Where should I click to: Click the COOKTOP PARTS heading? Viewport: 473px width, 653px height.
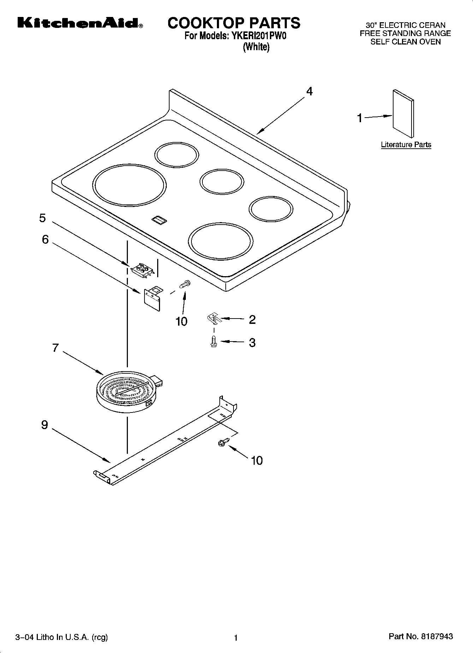coord(234,23)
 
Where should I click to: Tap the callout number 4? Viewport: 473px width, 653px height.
coord(309,91)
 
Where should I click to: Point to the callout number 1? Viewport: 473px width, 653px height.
coord(360,118)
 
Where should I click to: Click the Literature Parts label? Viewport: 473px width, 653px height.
coord(406,144)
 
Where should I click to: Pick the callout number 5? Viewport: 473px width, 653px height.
coord(42,218)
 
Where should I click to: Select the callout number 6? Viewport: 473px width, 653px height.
coord(45,239)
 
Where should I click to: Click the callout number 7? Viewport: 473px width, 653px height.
coord(55,348)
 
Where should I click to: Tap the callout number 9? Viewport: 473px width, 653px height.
coord(45,425)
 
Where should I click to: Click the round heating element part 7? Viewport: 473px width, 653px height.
coord(125,391)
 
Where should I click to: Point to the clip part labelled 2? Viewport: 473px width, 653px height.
coord(213,319)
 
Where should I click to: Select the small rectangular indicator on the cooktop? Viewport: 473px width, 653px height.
coord(159,220)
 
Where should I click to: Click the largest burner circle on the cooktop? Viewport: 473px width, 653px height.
coord(129,185)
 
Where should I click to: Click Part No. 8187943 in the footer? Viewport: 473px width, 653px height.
coord(420,636)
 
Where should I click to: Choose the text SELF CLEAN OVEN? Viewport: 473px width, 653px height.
coord(405,42)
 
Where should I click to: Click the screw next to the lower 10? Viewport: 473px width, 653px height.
coord(223,441)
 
